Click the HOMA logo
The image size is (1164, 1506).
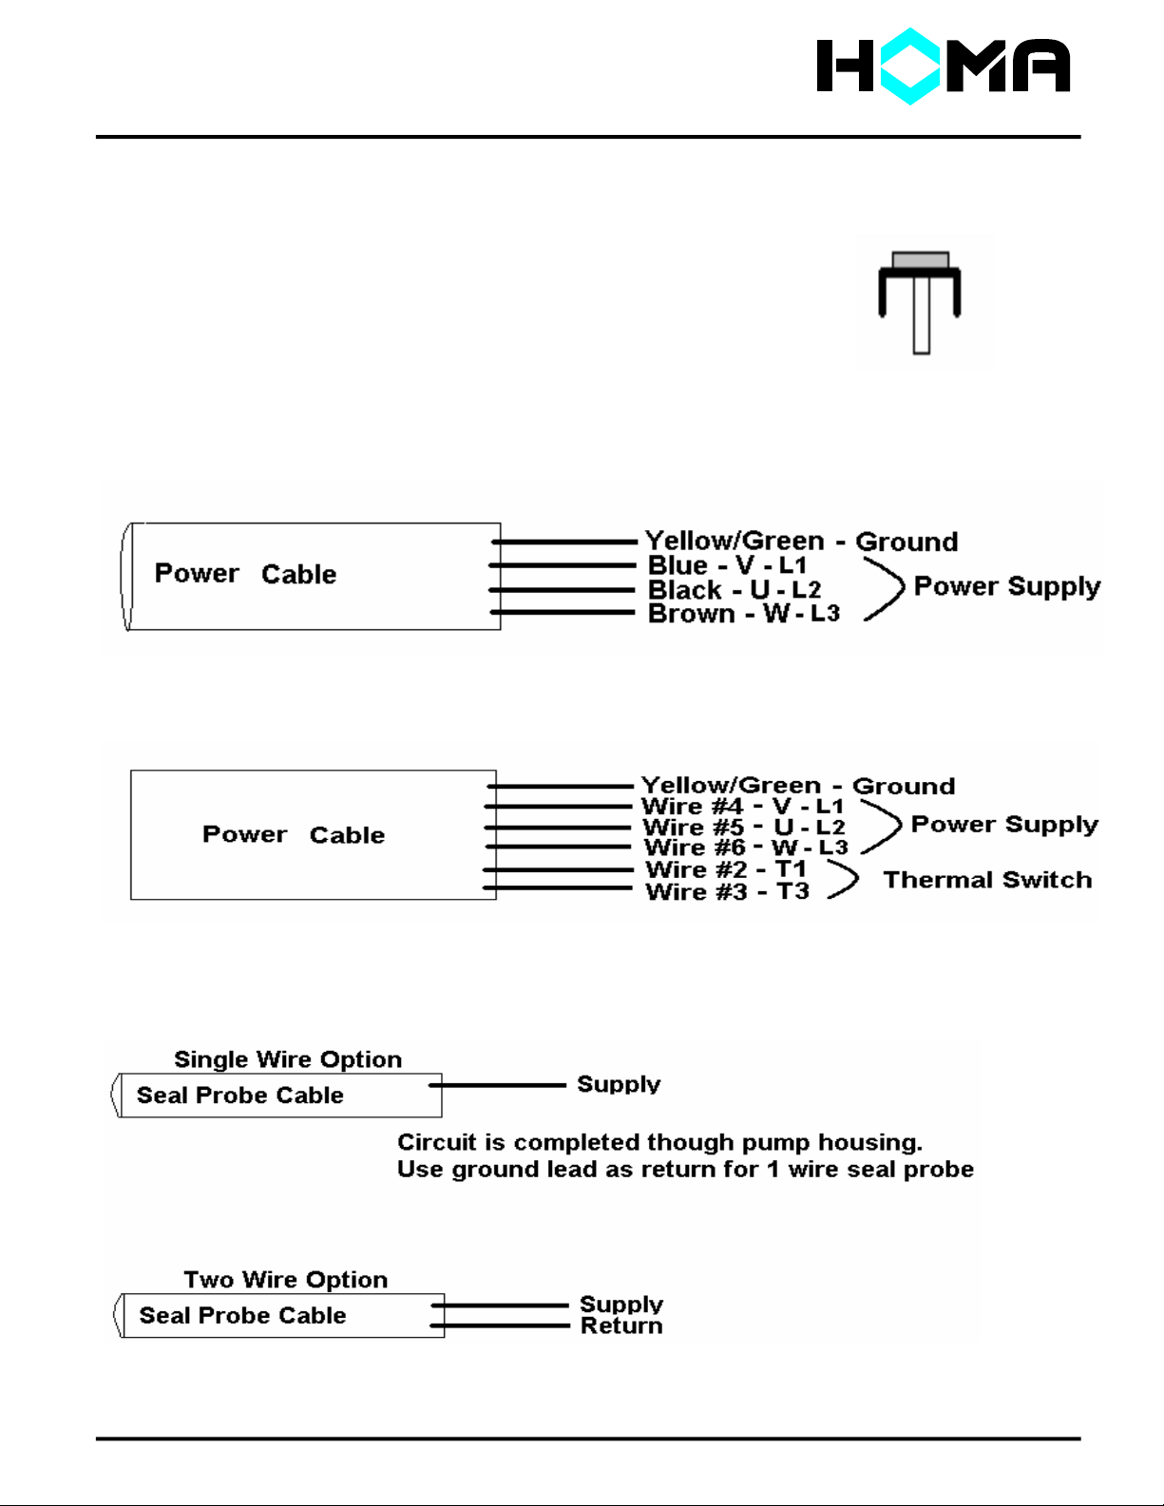coord(943,67)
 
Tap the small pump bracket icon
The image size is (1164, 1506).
coord(919,301)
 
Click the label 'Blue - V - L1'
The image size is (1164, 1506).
coord(727,565)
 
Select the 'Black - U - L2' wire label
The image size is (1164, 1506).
coord(734,590)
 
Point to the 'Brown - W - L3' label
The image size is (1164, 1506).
coord(743,614)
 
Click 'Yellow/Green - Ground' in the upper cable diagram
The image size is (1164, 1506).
coord(801,542)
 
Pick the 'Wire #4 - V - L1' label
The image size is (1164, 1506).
coord(742,807)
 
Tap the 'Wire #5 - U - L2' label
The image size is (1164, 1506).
coord(743,828)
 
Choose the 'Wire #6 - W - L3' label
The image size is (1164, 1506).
coord(745,848)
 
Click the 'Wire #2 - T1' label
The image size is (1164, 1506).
coord(726,869)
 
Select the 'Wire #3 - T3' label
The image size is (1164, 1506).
coord(727,891)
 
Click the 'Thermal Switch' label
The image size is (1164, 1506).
coord(987,880)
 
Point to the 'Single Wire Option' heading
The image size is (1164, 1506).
coord(288,1059)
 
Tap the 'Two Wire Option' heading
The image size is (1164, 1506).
coord(286,1280)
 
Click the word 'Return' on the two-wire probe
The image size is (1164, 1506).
coord(621,1326)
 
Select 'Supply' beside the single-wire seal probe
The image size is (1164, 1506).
coord(619,1084)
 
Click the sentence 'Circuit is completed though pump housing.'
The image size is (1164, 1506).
coord(659,1142)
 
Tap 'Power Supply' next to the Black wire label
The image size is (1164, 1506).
coord(1007,586)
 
